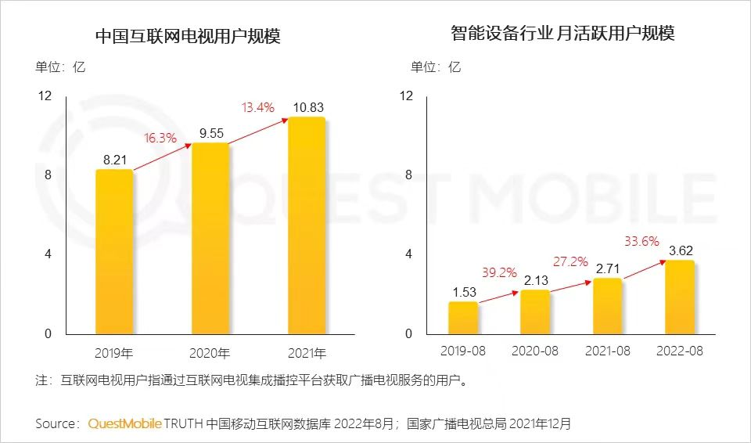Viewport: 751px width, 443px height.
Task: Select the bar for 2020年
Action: point(210,239)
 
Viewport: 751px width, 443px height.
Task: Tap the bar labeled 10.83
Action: point(306,226)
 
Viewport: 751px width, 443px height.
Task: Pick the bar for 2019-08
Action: point(463,318)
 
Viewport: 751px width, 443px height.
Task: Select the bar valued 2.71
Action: point(607,306)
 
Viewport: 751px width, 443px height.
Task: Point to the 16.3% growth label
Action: point(160,138)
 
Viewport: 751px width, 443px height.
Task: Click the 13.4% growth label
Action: point(259,108)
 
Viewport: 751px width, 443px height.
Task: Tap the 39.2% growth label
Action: point(499,272)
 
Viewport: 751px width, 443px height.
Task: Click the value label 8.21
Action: point(115,159)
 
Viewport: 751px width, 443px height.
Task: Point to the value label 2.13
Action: point(536,279)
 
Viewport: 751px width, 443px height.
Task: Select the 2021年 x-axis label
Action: point(306,351)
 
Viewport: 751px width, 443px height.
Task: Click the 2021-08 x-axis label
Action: point(608,351)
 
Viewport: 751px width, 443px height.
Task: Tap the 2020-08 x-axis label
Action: point(535,351)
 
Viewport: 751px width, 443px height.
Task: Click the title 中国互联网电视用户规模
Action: point(187,36)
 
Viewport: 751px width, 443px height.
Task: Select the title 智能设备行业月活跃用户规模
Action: point(562,33)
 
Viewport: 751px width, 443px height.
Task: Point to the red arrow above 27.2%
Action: point(571,281)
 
